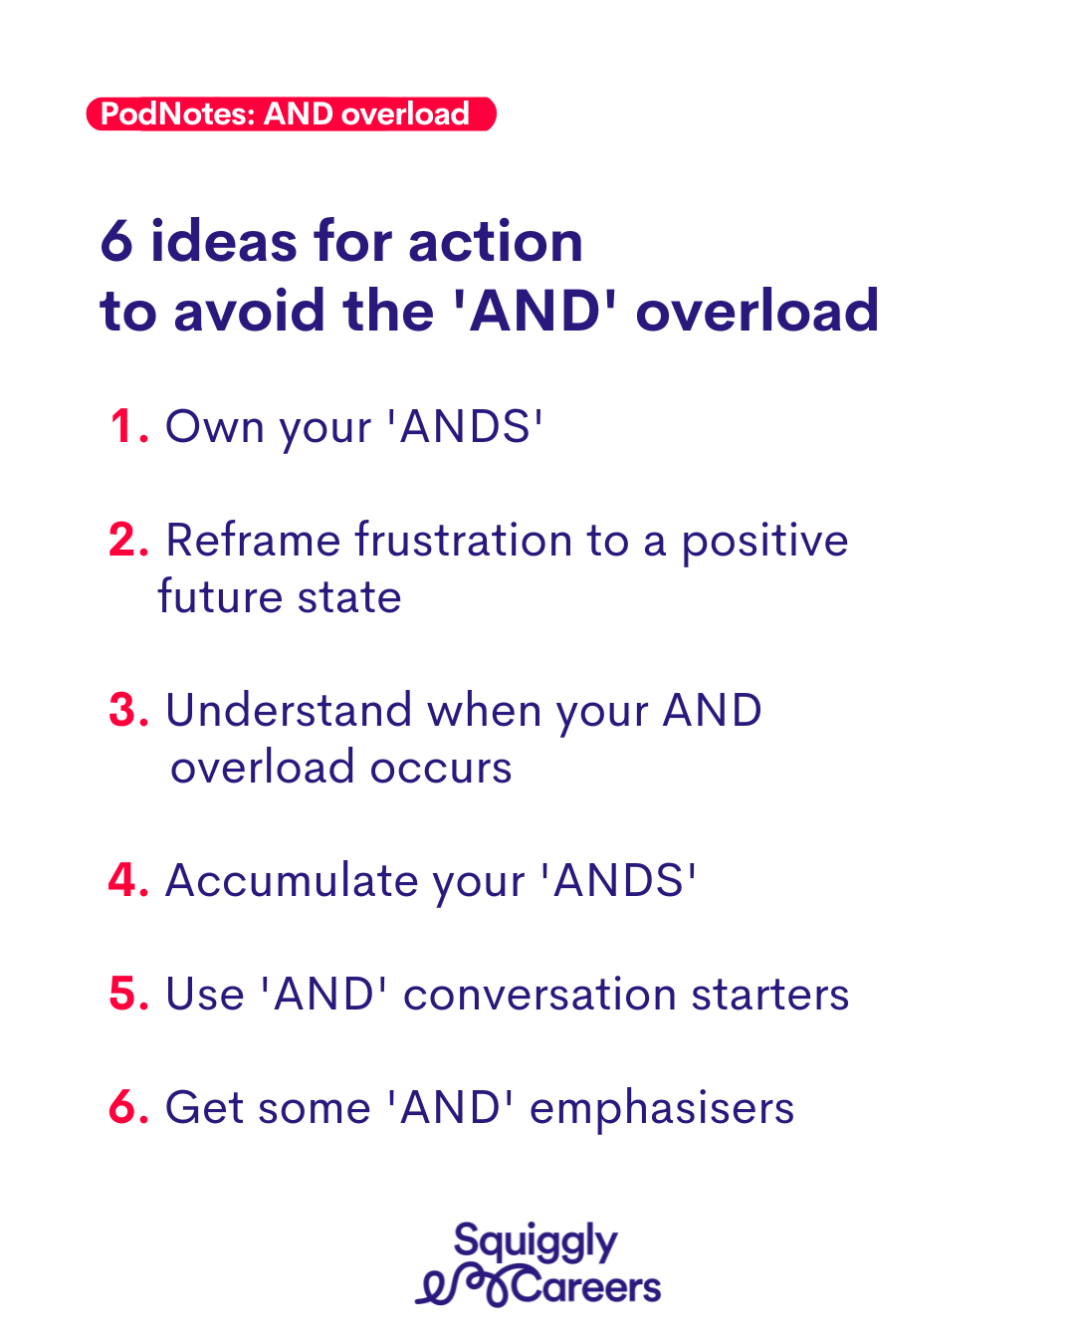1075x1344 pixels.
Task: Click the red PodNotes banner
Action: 291,113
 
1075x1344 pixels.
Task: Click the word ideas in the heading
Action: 224,241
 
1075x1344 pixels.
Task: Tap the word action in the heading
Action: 496,241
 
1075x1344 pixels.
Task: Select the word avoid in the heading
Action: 250,310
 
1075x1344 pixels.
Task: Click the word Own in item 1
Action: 214,427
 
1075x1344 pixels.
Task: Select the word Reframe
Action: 253,540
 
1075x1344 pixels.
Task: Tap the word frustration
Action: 464,540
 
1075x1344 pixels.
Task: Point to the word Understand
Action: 289,710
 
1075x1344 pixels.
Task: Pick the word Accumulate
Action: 292,881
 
